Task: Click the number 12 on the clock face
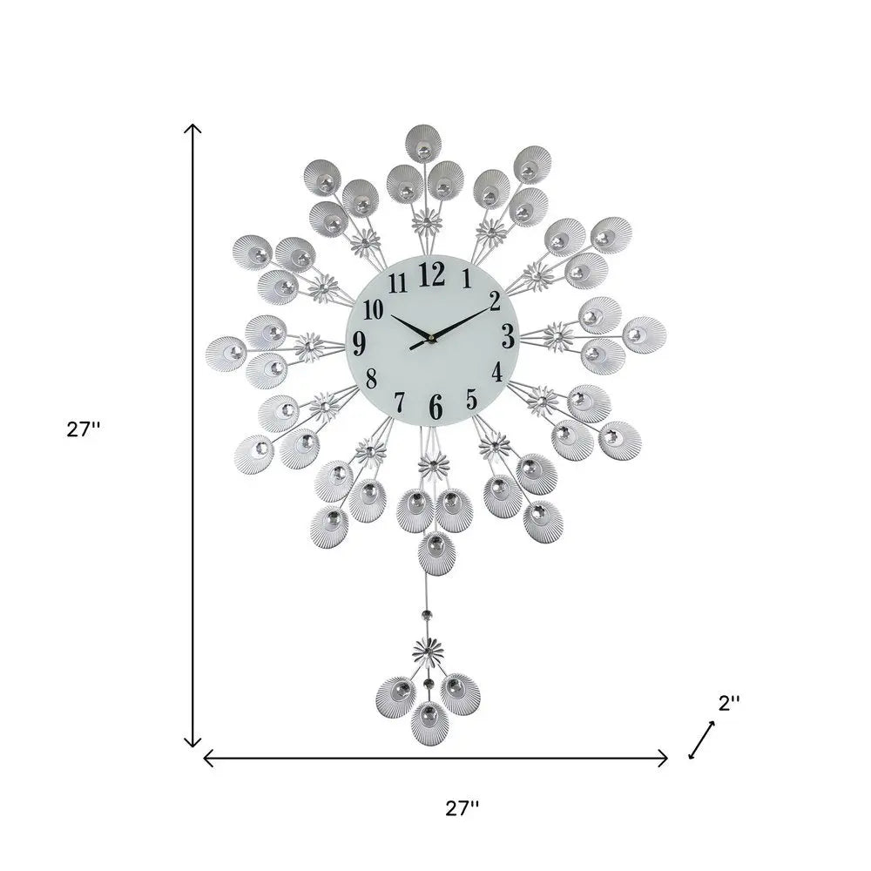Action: coord(432,274)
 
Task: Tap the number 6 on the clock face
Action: coord(435,406)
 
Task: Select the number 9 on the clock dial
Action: coord(360,342)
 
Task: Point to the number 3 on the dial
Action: coord(508,336)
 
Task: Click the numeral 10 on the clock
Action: coord(374,309)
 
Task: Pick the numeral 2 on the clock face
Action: coord(496,301)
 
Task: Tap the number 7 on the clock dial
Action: coord(400,402)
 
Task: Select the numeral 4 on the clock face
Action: coord(497,373)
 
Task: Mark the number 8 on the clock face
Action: coord(372,379)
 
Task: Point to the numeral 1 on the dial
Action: coord(467,279)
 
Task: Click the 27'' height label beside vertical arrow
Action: coord(84,429)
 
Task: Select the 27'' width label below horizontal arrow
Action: coord(463,807)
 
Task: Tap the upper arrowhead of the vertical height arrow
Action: coord(192,128)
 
